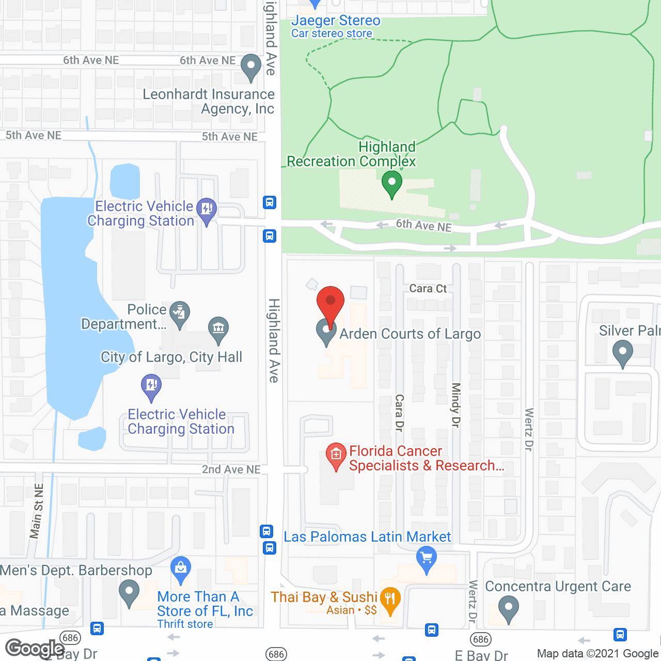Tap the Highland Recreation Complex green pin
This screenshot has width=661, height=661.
392,183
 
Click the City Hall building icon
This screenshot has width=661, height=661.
218,329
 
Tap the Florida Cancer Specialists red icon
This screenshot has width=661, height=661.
336,455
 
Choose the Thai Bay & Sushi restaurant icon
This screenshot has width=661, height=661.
390,600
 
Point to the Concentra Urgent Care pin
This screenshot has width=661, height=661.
509,608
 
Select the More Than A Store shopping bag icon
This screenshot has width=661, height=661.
181,569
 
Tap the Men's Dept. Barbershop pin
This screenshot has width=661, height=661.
129,592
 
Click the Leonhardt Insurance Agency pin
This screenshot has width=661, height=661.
251,67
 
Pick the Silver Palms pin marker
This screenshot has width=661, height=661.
622,353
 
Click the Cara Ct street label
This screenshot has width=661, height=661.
428,289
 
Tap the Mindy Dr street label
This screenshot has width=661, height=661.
455,405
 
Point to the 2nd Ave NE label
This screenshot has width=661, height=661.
231,469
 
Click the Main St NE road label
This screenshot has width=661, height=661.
37,511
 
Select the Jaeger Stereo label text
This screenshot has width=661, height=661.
336,21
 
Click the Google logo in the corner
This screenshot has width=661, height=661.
35,649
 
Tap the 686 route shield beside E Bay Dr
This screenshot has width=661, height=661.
481,639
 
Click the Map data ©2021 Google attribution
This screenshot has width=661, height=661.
597,654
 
